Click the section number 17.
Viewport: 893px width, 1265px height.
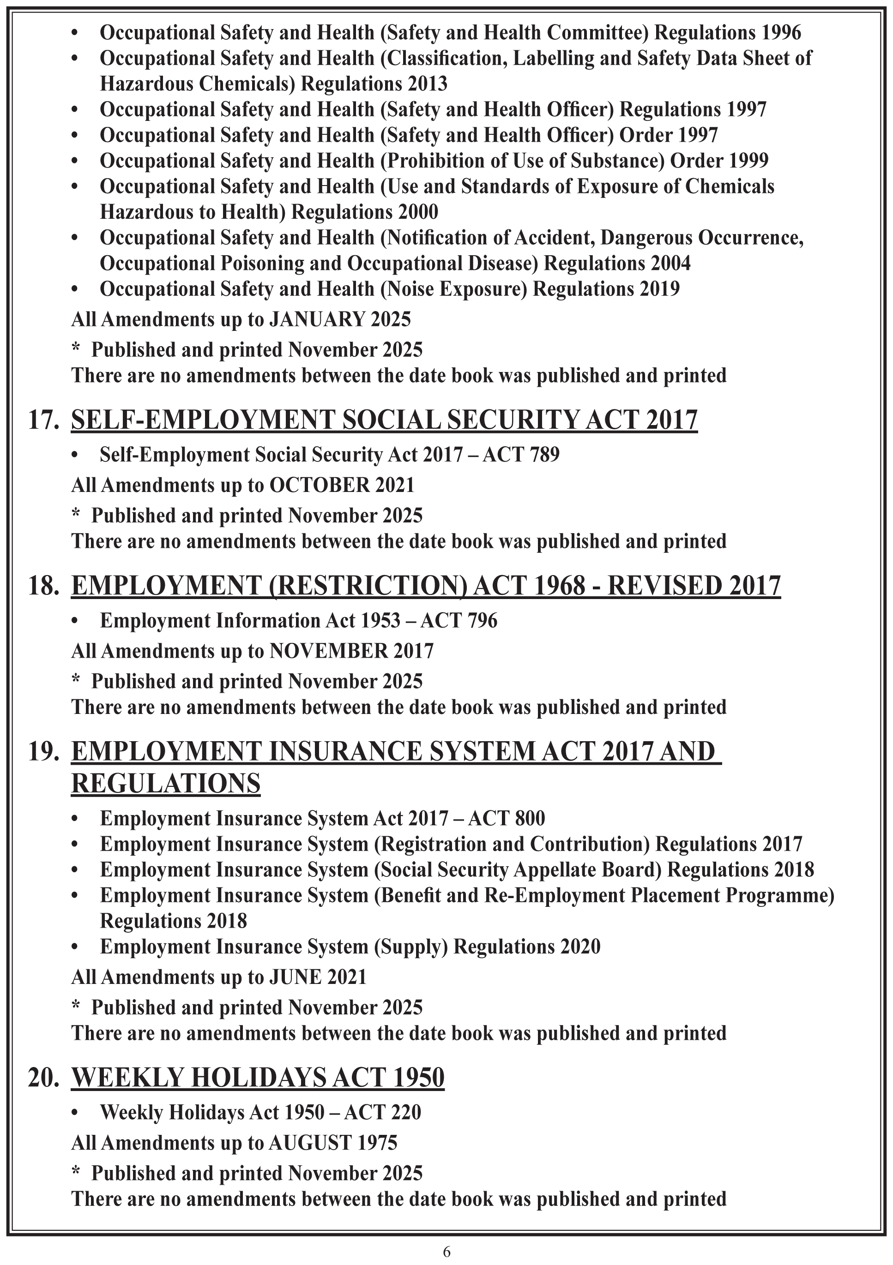(43, 420)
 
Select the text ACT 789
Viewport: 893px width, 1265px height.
(521, 455)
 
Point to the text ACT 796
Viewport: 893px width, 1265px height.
(459, 620)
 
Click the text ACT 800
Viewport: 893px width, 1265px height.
(506, 818)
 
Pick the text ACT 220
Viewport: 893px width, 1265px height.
(383, 1112)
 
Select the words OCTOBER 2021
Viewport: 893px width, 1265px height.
(341, 486)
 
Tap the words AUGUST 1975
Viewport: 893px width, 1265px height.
(332, 1143)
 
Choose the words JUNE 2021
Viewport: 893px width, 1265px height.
(318, 977)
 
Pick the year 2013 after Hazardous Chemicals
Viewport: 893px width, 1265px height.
(428, 84)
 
